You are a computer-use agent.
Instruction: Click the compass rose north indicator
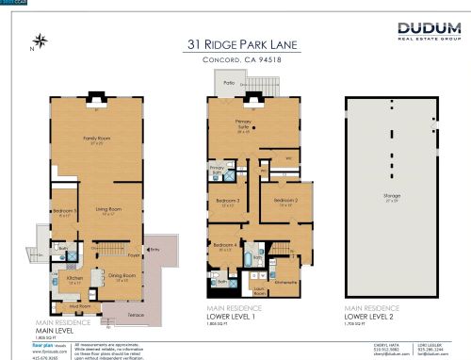pos(40,40)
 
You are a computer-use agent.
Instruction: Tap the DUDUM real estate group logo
pos(428,32)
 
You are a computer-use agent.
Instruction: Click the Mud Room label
pos(77,305)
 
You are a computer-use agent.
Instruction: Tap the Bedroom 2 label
pos(286,200)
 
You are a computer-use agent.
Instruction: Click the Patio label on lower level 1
pos(228,83)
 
